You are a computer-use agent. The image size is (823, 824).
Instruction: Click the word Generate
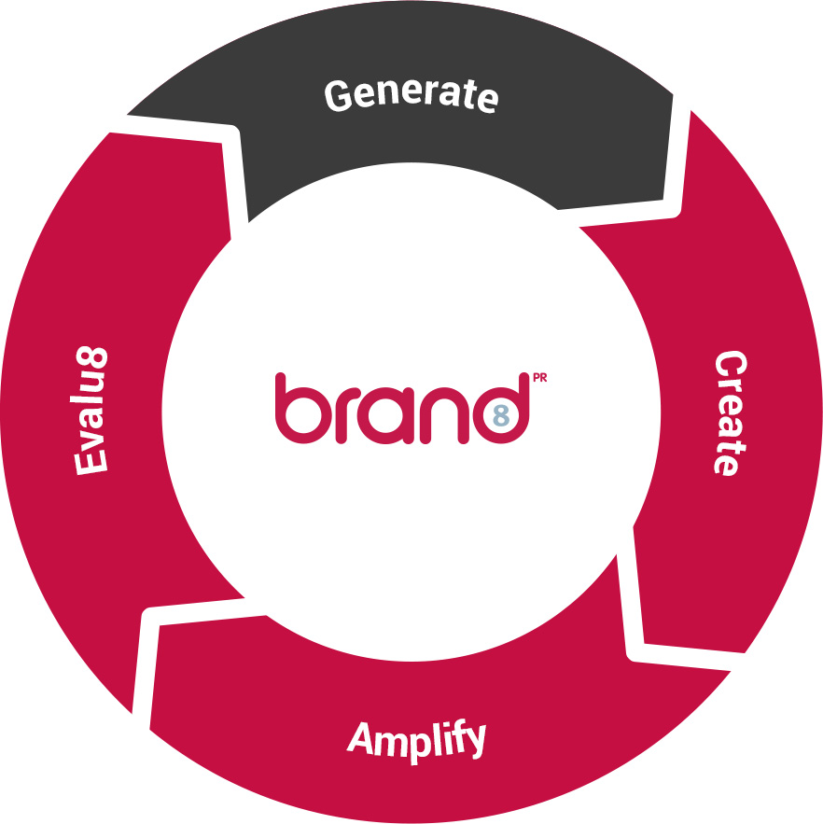tap(411, 95)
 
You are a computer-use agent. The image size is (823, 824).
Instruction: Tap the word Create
tap(731, 413)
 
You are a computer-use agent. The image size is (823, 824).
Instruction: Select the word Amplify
tap(416, 741)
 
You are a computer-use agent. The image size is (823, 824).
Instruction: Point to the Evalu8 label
tap(90, 411)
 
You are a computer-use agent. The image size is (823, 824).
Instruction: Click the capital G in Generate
tap(338, 95)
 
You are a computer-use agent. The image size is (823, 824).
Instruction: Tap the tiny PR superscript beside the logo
tap(539, 377)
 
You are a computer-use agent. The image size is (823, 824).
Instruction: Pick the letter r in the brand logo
tap(347, 415)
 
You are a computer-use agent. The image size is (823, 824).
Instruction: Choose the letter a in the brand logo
tap(387, 415)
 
